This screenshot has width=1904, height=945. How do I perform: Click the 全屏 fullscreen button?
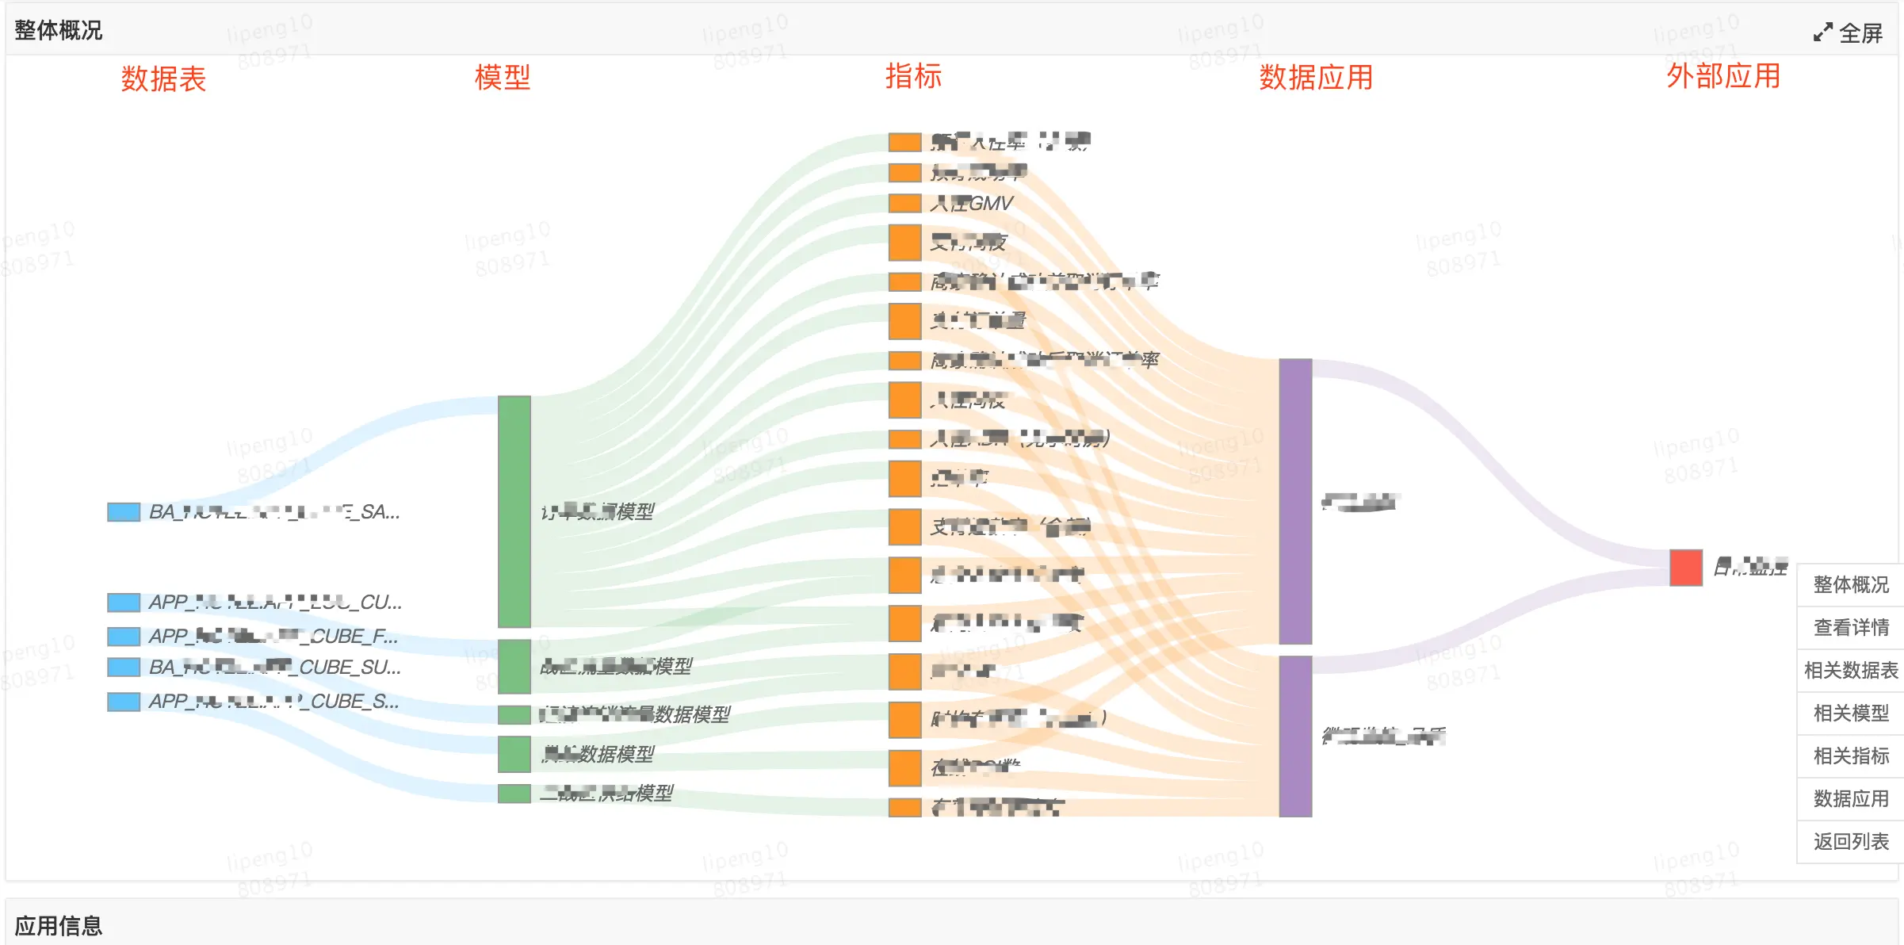tap(1849, 33)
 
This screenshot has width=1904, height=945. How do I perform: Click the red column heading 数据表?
tap(163, 79)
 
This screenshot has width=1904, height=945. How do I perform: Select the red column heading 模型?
tap(503, 78)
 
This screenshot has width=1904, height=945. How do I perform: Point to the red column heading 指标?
tap(913, 76)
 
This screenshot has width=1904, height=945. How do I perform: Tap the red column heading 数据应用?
tap(1316, 78)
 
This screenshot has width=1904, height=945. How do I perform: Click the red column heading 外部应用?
tap(1723, 76)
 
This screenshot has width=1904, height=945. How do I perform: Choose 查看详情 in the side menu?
tap(1851, 627)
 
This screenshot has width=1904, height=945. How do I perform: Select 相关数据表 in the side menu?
tap(1851, 670)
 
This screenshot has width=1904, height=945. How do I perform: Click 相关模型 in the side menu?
tap(1851, 713)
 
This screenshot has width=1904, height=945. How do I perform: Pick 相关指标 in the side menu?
tap(1851, 756)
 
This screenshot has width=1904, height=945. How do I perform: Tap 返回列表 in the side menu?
tap(1851, 841)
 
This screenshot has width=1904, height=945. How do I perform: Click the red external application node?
tap(1685, 568)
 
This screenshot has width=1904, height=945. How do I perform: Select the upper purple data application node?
tap(1295, 501)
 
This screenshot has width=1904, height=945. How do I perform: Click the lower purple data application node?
tap(1295, 736)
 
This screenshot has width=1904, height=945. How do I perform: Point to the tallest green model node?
tap(514, 511)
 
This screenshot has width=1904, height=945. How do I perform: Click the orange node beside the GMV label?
tap(904, 204)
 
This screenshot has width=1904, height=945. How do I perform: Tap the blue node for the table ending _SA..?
tap(124, 512)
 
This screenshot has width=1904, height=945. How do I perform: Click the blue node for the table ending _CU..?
tap(124, 603)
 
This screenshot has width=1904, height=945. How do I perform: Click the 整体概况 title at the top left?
tap(59, 30)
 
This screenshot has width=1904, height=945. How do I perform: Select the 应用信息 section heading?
tap(59, 925)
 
